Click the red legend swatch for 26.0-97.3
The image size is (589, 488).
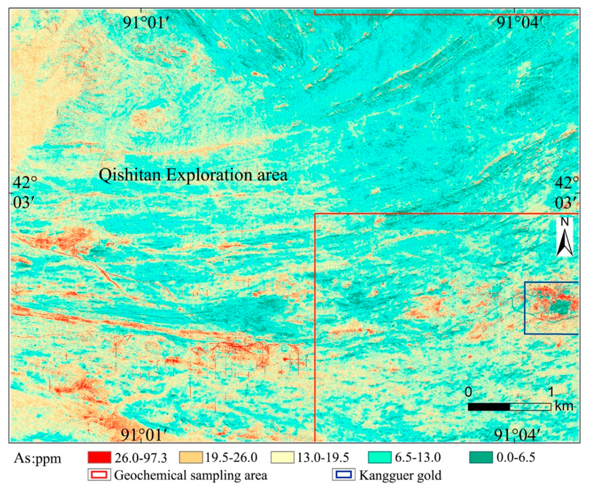pos(99,457)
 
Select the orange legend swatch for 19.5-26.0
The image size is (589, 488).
pos(191,457)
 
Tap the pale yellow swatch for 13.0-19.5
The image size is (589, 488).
pos(282,457)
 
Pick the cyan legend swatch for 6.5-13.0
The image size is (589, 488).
pos(380,457)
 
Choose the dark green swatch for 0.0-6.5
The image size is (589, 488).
pos(481,457)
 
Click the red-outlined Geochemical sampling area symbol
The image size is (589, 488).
pos(99,475)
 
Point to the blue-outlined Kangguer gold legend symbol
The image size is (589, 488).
pos(343,475)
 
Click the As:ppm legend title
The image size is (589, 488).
pos(38,458)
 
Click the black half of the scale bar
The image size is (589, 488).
pos(489,407)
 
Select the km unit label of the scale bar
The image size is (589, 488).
pos(564,406)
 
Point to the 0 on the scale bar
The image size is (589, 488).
pos(468,392)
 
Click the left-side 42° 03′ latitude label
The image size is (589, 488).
pos(25,193)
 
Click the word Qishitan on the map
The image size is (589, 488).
pos(130,175)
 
